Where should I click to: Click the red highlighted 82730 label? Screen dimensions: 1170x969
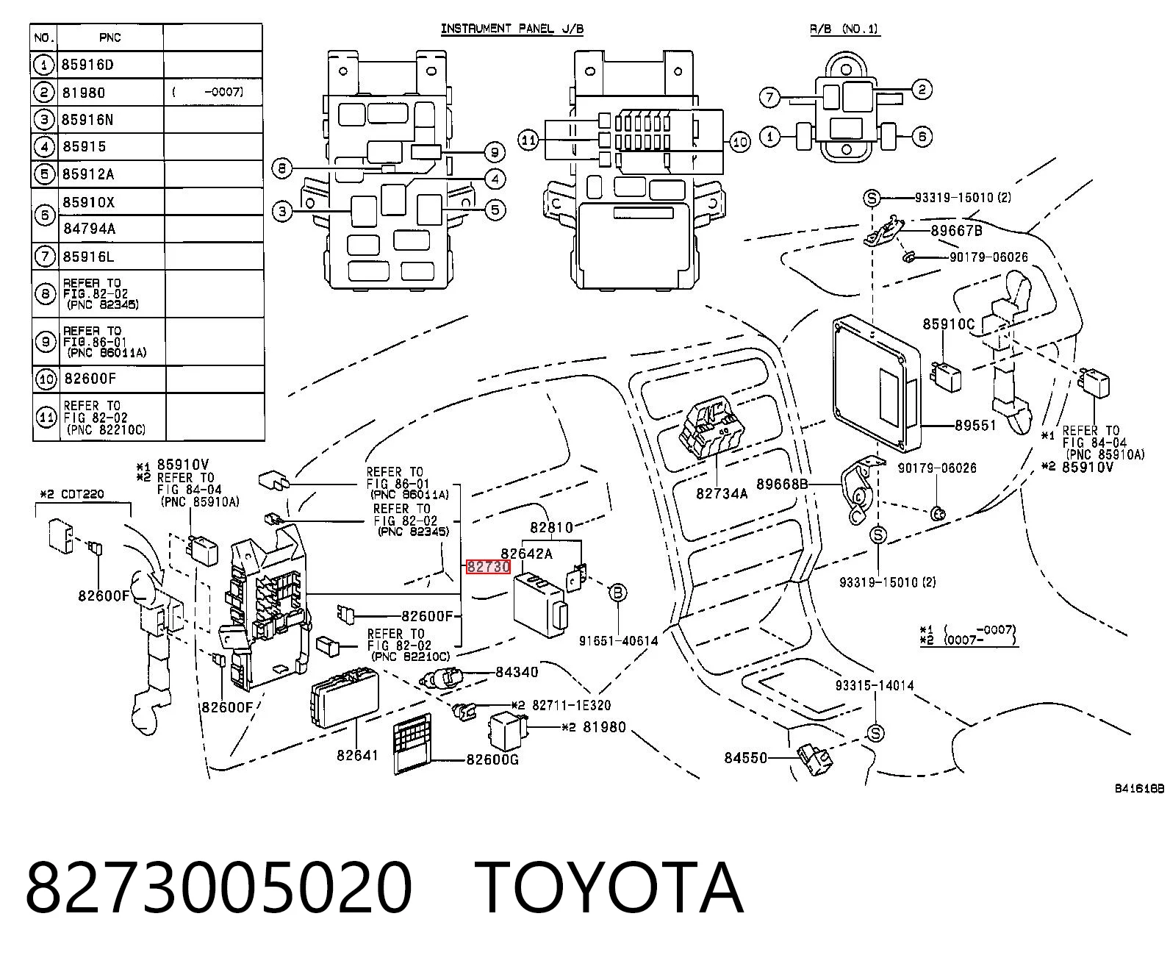tap(488, 567)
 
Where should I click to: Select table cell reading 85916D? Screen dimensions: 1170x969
tap(87, 65)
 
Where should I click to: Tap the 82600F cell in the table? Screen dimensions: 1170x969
tap(90, 379)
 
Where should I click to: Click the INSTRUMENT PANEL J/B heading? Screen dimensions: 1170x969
tap(512, 29)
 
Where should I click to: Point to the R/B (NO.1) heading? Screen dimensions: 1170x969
tap(845, 29)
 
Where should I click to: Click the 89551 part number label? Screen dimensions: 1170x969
tap(975, 426)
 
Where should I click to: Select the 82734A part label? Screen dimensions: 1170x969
tap(722, 493)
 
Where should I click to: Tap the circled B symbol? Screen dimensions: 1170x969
tap(617, 593)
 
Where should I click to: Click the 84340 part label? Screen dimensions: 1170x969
tap(517, 672)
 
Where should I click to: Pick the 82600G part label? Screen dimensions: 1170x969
tap(492, 760)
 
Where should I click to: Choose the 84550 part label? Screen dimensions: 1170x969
tap(746, 758)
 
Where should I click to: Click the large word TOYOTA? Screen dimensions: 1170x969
tap(610, 890)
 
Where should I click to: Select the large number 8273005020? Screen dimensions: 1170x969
tap(219, 890)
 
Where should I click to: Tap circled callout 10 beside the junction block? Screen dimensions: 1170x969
tap(740, 142)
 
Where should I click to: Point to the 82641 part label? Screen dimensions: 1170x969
tap(357, 755)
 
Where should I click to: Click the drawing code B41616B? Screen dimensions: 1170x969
tap(1139, 789)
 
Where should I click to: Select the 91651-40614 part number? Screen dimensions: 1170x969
tap(619, 641)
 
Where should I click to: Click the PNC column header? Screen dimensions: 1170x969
tap(110, 37)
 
